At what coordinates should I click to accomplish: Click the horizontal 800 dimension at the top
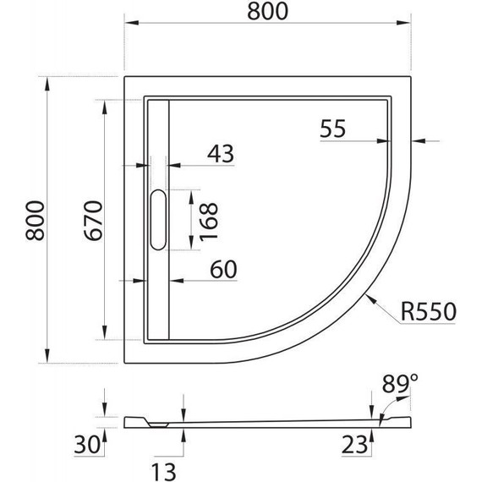pos(267,11)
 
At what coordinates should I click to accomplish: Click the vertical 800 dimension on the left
pos(35,220)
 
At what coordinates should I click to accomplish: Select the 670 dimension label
pos(93,220)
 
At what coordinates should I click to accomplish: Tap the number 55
pos(332,129)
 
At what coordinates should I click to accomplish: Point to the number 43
pos(221,153)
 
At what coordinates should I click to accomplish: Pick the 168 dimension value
pos(209,222)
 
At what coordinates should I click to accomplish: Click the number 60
pos(223,269)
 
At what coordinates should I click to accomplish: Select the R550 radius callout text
pos(429,311)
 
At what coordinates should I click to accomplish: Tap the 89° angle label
pos(400,383)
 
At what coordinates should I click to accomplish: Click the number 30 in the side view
pos(87,445)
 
